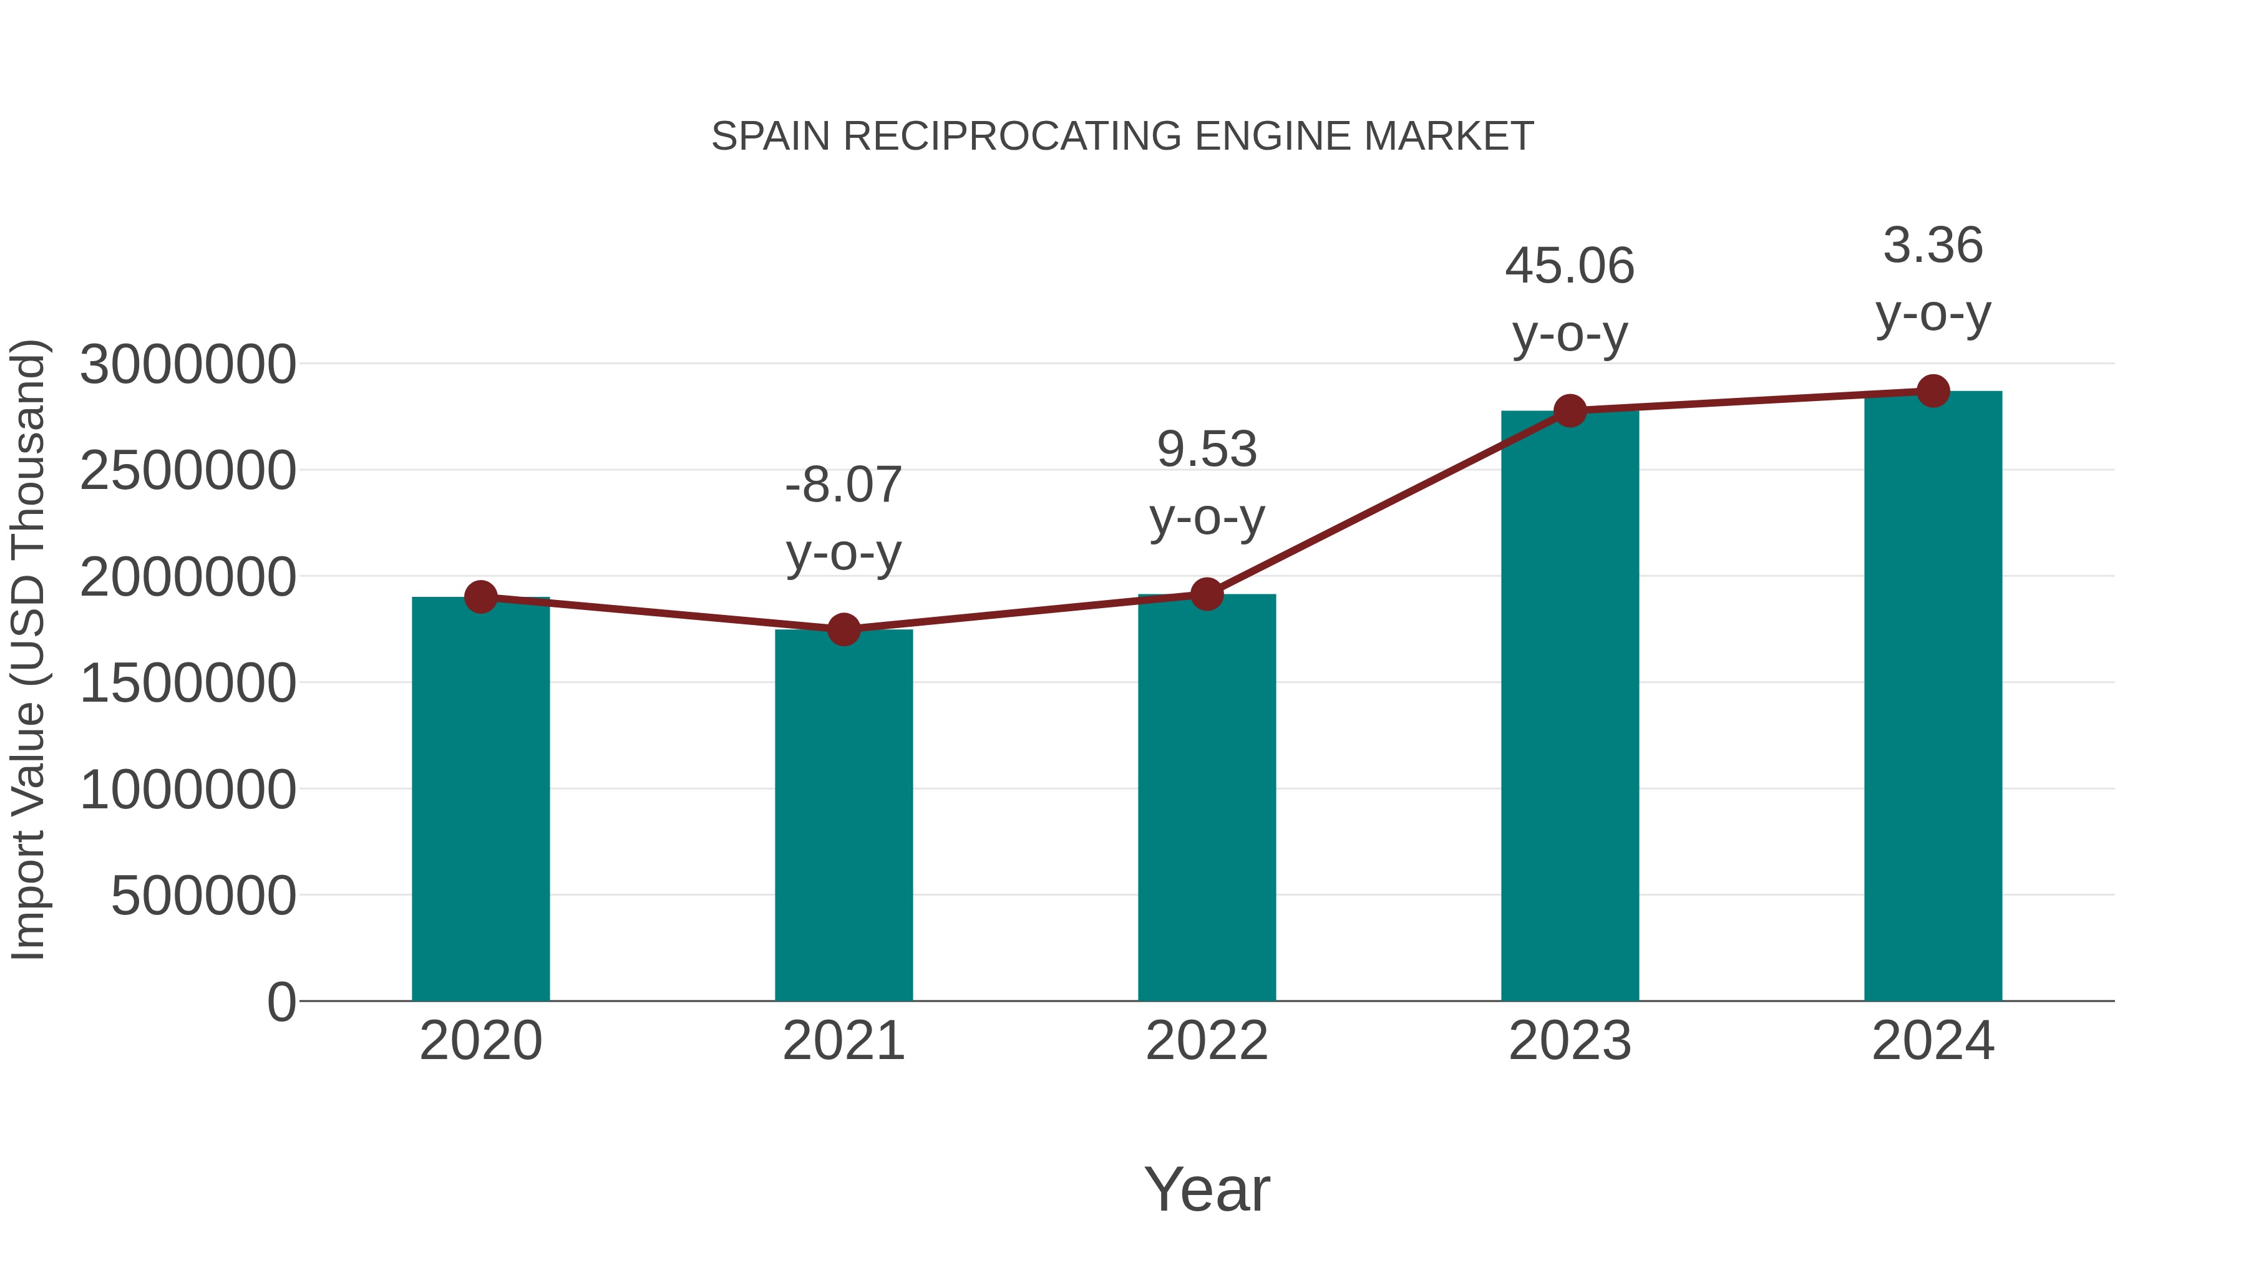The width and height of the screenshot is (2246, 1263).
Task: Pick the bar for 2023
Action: pos(1570,706)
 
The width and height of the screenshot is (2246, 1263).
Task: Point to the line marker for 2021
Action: pos(843,629)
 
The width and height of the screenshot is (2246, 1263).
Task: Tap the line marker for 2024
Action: pos(1933,391)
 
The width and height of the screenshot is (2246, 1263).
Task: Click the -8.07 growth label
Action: pos(843,485)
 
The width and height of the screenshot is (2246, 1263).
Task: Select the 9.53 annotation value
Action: pos(1207,450)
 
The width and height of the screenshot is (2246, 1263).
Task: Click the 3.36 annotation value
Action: pos(1933,246)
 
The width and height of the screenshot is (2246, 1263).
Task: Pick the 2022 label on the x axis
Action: pos(1207,1041)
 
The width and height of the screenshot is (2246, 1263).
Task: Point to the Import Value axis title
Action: pos(28,649)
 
